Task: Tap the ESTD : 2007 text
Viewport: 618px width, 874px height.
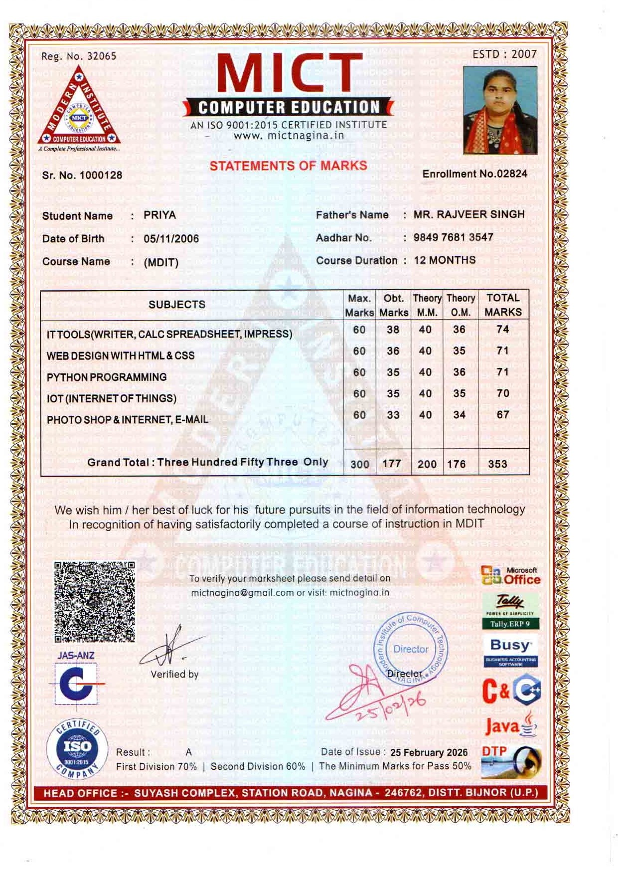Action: point(504,54)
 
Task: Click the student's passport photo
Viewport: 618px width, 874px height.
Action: point(500,110)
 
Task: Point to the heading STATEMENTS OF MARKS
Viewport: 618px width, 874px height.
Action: point(288,166)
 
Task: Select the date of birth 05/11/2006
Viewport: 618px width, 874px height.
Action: point(171,239)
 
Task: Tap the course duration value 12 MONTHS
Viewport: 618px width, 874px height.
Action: point(445,260)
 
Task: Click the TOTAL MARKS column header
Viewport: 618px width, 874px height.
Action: point(503,305)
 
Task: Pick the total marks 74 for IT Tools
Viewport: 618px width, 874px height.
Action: point(502,330)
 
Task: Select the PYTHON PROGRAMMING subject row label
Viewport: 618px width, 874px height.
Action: point(107,377)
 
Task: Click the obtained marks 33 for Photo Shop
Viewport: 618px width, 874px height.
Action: point(393,415)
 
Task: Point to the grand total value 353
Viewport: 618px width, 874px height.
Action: point(497,464)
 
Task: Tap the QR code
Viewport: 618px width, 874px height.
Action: point(94,602)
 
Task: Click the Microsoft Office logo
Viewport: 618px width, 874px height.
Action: point(511,576)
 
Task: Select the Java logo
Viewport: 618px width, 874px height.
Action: point(510,725)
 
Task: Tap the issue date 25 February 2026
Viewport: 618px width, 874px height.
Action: point(429,752)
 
